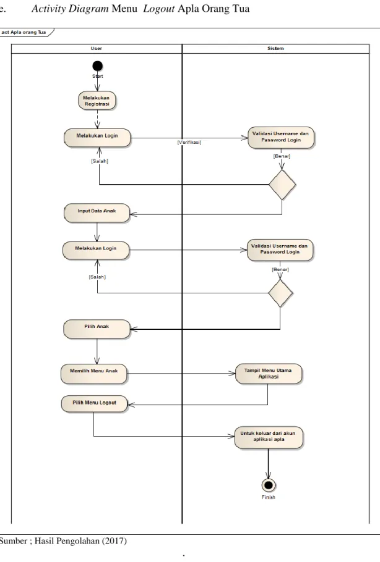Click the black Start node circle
97,66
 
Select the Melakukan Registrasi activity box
97,101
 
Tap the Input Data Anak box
97,212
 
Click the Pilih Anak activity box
97,329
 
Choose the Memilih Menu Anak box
93,374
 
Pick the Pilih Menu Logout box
95,404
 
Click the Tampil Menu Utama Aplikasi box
269,374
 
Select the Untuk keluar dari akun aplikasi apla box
269,437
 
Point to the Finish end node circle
269,485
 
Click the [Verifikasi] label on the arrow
189,142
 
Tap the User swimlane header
97,48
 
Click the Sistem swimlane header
275,48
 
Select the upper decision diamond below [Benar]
282,185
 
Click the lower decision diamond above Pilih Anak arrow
280,293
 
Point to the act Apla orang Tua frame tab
26,32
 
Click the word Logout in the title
159,9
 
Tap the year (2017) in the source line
114,541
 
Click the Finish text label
269,497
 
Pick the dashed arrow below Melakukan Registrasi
97,119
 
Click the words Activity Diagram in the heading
70,9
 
